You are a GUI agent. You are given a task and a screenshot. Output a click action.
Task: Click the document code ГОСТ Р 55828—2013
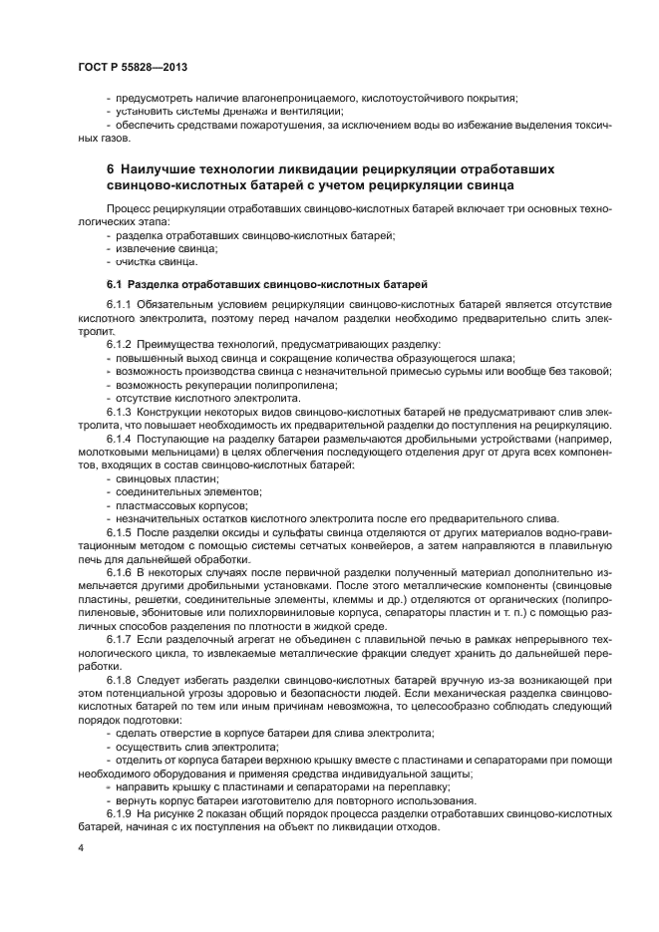coord(133,66)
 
